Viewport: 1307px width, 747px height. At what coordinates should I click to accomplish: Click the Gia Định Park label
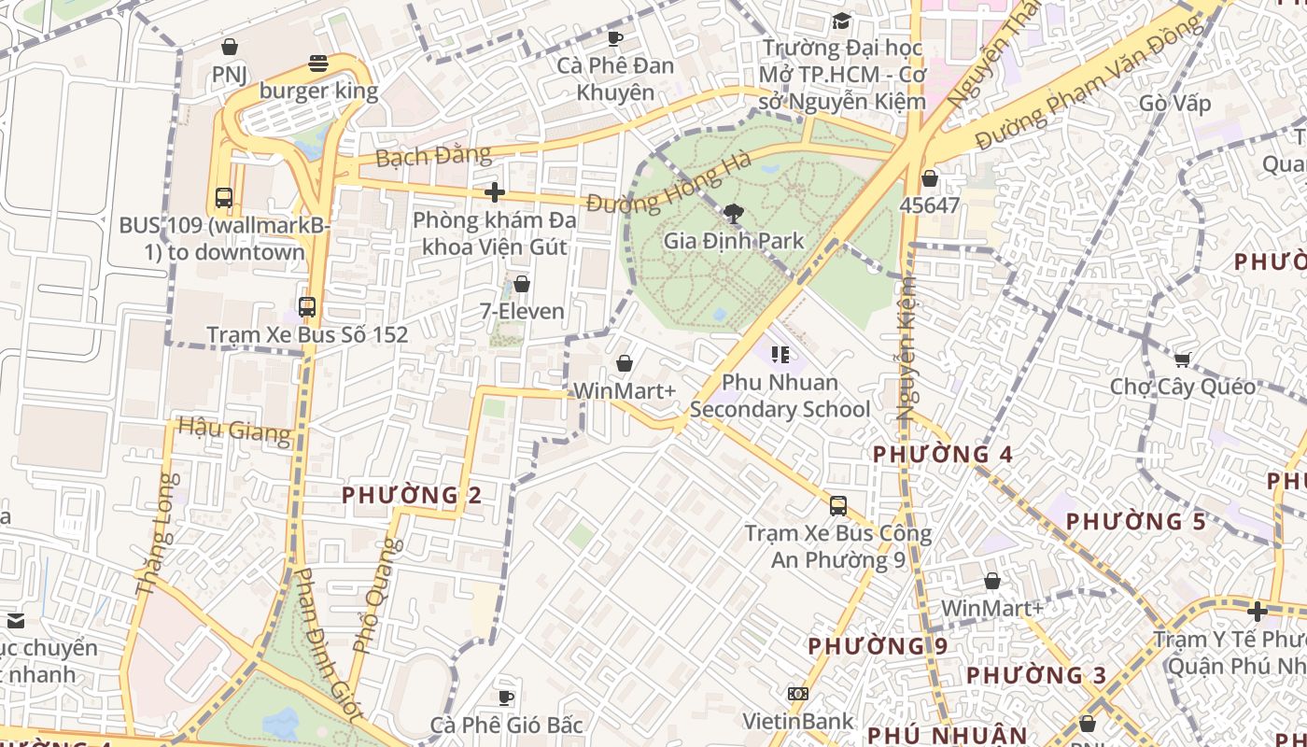pos(734,241)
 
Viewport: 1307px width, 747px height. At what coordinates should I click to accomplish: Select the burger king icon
pos(318,63)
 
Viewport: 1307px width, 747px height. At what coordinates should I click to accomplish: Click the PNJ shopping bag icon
pos(230,47)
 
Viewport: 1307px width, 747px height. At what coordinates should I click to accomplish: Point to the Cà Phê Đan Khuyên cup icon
pos(614,38)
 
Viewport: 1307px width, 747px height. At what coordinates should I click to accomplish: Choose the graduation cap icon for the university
pos(842,21)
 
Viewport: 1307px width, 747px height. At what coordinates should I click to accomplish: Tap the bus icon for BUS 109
pos(224,198)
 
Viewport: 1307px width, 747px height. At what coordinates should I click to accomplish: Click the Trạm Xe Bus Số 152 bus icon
pos(306,306)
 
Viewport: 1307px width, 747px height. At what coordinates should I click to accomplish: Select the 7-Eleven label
pos(522,311)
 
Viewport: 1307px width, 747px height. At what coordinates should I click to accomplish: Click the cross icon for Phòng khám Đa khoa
pos(494,192)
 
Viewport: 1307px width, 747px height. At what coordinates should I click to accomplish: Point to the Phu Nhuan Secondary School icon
pos(780,355)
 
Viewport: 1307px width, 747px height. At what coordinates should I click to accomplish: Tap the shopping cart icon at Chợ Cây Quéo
pos(1182,359)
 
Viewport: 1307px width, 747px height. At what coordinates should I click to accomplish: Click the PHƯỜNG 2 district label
pos(412,495)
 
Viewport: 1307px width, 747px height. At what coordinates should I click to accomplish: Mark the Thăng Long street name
pos(155,535)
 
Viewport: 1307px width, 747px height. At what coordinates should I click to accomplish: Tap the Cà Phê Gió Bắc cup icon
pos(506,698)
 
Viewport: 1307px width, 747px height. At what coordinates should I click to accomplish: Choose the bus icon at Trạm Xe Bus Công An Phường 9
pos(838,506)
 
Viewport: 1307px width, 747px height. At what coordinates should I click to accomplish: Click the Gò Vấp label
pos(1175,103)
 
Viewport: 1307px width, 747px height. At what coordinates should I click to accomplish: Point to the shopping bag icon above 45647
pos(930,177)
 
